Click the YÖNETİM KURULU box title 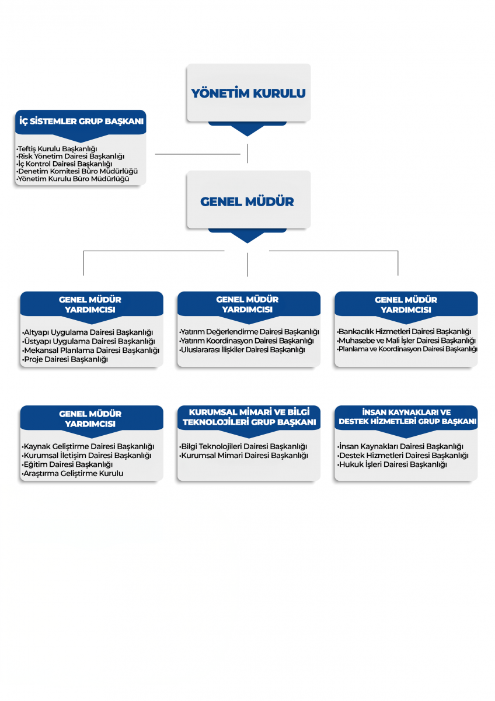pos(248,93)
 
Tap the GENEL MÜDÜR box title pos(247,202)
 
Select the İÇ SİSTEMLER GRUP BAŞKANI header pos(81,121)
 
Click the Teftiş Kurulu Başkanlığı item pos(57,148)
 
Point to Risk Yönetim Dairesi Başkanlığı pos(71,156)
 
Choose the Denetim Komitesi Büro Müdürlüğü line pos(77,171)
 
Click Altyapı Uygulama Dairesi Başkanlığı pos(88,332)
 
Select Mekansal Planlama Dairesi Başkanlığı pos(90,350)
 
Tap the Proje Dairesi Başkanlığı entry pos(65,359)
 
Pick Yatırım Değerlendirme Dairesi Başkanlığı pos(249,331)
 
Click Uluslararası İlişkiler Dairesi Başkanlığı pos(242,349)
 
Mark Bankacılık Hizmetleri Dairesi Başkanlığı pos(404,331)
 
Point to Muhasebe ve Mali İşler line pos(406,340)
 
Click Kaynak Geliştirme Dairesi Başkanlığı pos(88,446)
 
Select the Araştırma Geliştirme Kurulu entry pos(72,473)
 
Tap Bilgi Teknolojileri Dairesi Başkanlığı pos(243,446)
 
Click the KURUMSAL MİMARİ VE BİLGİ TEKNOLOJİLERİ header pos(249,417)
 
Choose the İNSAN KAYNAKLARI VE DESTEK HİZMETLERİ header pos(407,417)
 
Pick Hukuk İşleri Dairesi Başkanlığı pos(392,464)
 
